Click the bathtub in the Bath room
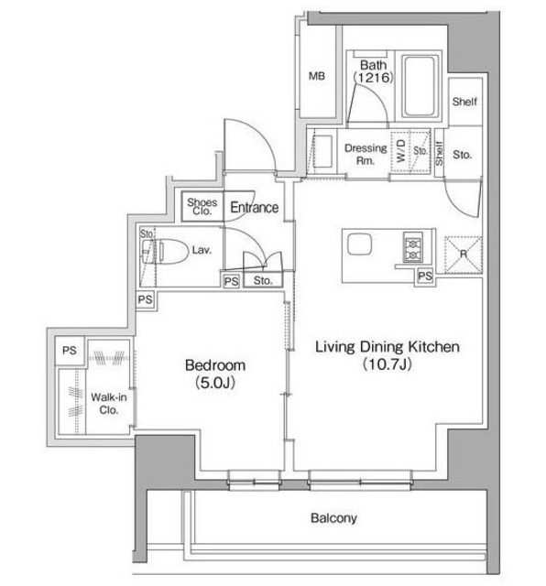pyautogui.click(x=420, y=86)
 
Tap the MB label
pyautogui.click(x=317, y=76)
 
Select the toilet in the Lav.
pyautogui.click(x=165, y=251)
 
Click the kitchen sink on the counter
pyautogui.click(x=359, y=244)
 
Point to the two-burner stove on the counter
pyautogui.click(x=412, y=247)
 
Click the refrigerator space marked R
pyautogui.click(x=464, y=255)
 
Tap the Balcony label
pyautogui.click(x=333, y=518)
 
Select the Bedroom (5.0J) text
pyautogui.click(x=215, y=374)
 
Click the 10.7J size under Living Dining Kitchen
pyautogui.click(x=388, y=364)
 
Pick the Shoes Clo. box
pyautogui.click(x=202, y=206)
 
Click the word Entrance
pyautogui.click(x=255, y=208)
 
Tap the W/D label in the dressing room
pyautogui.click(x=400, y=150)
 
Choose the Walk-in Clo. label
pyautogui.click(x=109, y=404)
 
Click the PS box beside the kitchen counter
pyautogui.click(x=425, y=277)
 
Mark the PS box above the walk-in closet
pyautogui.click(x=70, y=351)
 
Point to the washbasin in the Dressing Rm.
pyautogui.click(x=322, y=151)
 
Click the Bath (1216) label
pyautogui.click(x=374, y=71)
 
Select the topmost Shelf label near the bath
pyautogui.click(x=464, y=102)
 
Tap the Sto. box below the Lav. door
pyautogui.click(x=263, y=280)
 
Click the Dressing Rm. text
pyautogui.click(x=366, y=154)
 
